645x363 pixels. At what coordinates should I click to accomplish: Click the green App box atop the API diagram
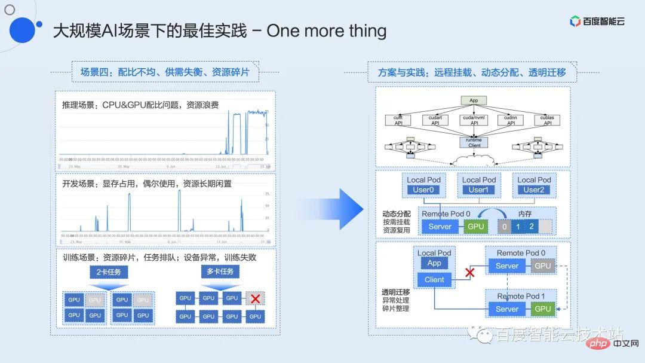[474, 100]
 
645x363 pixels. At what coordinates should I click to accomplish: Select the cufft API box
[398, 120]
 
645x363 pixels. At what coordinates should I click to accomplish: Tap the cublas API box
[548, 120]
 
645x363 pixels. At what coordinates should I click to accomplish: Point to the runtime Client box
[474, 142]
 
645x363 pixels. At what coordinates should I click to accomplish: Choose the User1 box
[478, 190]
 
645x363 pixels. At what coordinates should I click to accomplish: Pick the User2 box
[534, 190]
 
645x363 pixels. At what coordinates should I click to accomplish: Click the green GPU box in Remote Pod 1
[543, 309]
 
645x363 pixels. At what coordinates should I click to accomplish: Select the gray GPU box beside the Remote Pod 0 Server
[543, 266]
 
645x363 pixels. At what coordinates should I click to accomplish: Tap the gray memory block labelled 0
[505, 227]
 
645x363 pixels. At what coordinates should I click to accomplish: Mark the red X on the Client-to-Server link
[469, 273]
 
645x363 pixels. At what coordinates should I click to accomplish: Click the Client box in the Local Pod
[434, 279]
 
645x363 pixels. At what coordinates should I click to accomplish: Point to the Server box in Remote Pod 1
[507, 309]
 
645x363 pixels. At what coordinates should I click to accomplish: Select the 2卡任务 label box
[109, 272]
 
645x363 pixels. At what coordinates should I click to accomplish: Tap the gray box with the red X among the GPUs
[255, 298]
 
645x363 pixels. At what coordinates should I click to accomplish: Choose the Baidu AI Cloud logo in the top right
[597, 22]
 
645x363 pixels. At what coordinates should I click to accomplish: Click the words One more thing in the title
[326, 30]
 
